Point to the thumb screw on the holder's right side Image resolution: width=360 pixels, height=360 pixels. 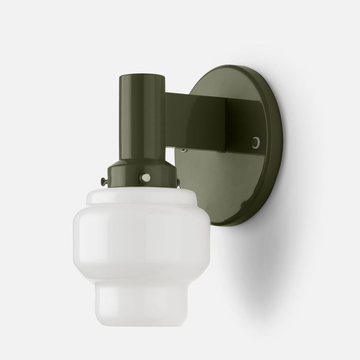tap(178, 181)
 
